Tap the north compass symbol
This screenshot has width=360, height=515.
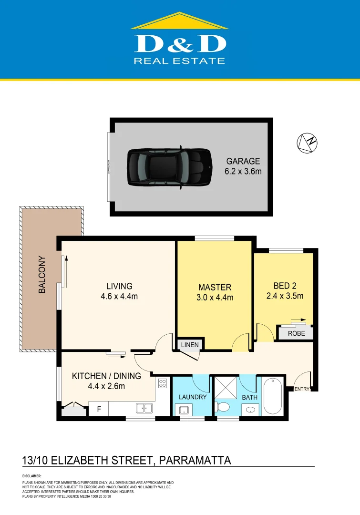click(307, 143)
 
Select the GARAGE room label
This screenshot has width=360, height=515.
click(243, 161)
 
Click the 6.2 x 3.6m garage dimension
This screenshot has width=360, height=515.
click(243, 171)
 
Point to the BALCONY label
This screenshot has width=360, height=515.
click(42, 275)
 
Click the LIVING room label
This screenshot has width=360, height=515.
click(119, 286)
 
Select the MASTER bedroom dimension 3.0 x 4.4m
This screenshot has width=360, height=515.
click(215, 298)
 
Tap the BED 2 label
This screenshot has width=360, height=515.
click(285, 286)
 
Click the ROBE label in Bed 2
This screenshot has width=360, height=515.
click(296, 334)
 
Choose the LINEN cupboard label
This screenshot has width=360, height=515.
click(189, 345)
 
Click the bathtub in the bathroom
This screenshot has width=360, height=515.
click(272, 396)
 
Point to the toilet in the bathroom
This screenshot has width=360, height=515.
click(222, 407)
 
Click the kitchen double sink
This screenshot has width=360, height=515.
click(144, 408)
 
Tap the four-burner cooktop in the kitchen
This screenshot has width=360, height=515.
click(163, 383)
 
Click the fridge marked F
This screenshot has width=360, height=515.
click(99, 409)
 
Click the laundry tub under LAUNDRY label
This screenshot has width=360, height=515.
click(183, 409)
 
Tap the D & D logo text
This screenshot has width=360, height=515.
click(180, 44)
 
